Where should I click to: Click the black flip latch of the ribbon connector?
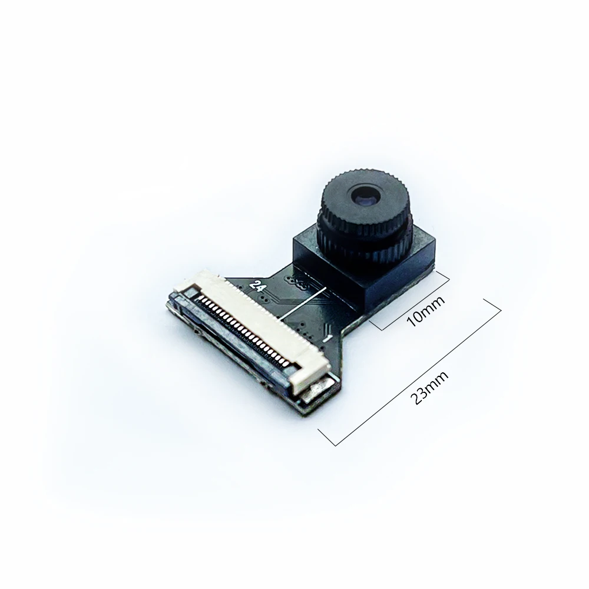tap(230, 342)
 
